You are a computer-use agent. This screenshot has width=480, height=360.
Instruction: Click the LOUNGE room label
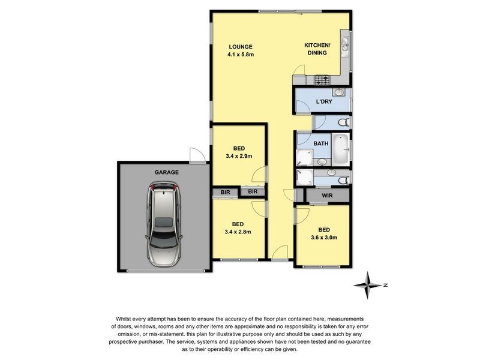click(240, 47)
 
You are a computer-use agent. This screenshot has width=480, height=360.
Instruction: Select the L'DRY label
click(324, 101)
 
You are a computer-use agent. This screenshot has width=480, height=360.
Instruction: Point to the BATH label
click(321, 143)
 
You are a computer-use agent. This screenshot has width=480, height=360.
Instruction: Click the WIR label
click(327, 196)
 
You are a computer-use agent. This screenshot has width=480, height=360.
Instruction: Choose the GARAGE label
click(167, 172)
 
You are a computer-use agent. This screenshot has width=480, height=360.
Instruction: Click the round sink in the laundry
click(339, 92)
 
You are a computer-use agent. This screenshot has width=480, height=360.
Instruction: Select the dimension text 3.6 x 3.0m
click(323, 237)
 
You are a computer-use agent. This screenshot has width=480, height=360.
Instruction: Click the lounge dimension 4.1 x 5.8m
click(240, 55)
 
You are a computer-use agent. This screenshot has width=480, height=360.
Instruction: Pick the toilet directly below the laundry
click(343, 122)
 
